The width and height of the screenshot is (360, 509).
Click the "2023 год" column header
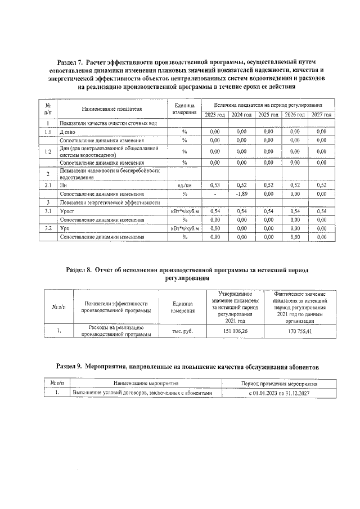point(214,115)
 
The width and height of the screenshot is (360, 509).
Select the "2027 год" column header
point(321,115)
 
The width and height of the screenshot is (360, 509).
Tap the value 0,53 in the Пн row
point(214,185)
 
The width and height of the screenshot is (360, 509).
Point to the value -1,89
point(241,194)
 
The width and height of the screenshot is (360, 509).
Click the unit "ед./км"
point(184,185)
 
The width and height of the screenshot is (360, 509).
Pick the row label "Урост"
point(67,211)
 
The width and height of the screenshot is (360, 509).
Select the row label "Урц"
point(65,228)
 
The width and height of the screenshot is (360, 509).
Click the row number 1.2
point(48,151)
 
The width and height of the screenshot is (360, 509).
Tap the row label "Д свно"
point(68,132)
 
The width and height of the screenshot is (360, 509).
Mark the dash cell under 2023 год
point(214,194)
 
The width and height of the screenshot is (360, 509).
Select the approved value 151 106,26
point(235,331)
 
